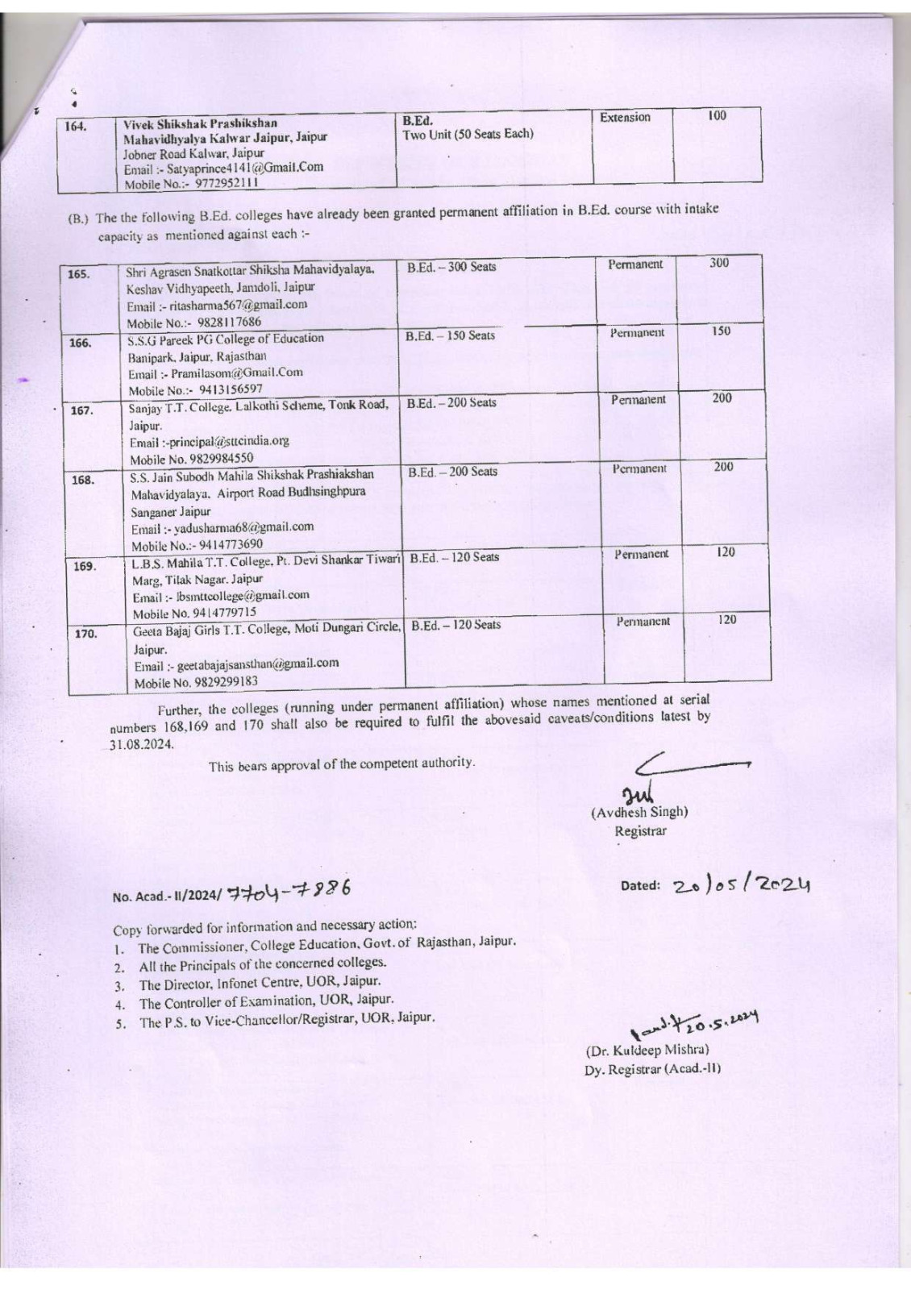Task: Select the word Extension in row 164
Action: click(x=625, y=118)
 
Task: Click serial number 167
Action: click(x=82, y=410)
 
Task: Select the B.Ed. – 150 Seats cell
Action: click(x=451, y=335)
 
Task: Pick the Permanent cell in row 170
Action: click(x=643, y=622)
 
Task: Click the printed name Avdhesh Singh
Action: click(x=639, y=813)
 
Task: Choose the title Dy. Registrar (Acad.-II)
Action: click(x=652, y=1069)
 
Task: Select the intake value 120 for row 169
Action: click(x=726, y=552)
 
